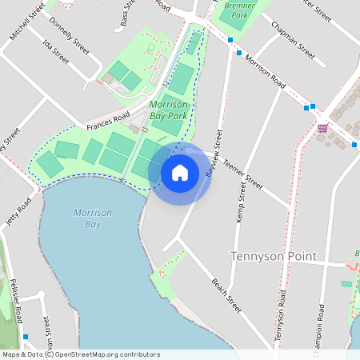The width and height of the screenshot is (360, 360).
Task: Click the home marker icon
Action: click(x=180, y=173)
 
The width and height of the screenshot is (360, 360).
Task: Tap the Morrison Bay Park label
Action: click(x=169, y=110)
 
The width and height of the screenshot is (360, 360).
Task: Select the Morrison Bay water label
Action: click(x=92, y=218)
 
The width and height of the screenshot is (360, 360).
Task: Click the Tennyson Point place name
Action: click(x=273, y=256)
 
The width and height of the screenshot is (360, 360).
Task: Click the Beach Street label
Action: click(x=226, y=295)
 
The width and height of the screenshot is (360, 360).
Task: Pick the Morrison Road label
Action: click(x=266, y=71)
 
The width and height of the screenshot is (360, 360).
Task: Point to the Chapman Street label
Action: click(x=293, y=39)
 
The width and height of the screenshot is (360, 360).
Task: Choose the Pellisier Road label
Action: click(x=15, y=300)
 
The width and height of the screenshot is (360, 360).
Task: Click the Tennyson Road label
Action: click(x=281, y=317)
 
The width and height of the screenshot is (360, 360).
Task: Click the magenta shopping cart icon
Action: click(x=322, y=128)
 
